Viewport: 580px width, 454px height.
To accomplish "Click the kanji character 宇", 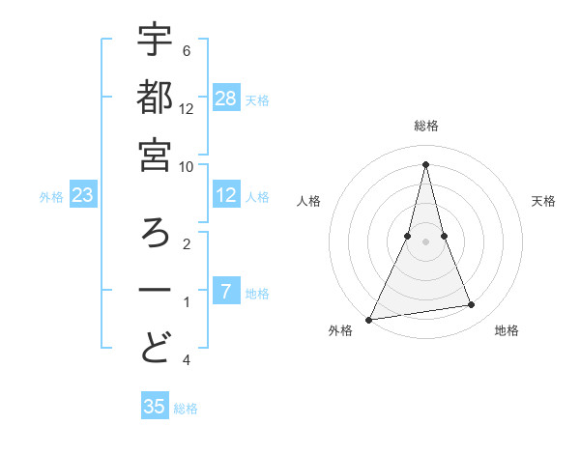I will (155, 42).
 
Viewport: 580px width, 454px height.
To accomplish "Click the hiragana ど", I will (155, 349).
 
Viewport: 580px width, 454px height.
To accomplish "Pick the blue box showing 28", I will (226, 98).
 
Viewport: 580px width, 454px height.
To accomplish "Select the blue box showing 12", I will (226, 196).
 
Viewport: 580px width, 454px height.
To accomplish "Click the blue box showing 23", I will (83, 196).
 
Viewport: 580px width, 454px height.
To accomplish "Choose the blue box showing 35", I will (155, 407).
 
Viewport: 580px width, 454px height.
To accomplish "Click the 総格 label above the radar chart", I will (426, 126).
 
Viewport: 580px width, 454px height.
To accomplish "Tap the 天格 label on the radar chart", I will (543, 201).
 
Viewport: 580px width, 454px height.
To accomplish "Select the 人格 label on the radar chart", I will (308, 201).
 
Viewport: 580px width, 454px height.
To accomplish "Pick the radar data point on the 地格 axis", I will (471, 305).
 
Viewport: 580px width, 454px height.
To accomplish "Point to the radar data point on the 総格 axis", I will (426, 164).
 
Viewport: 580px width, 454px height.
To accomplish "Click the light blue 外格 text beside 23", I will (51, 197).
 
